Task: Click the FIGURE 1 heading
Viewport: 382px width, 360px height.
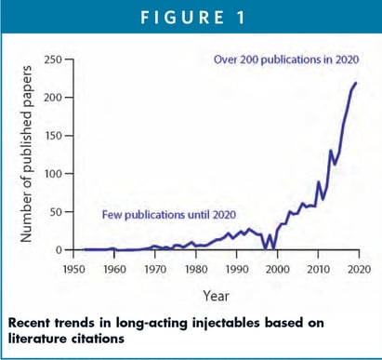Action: pos(191,19)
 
